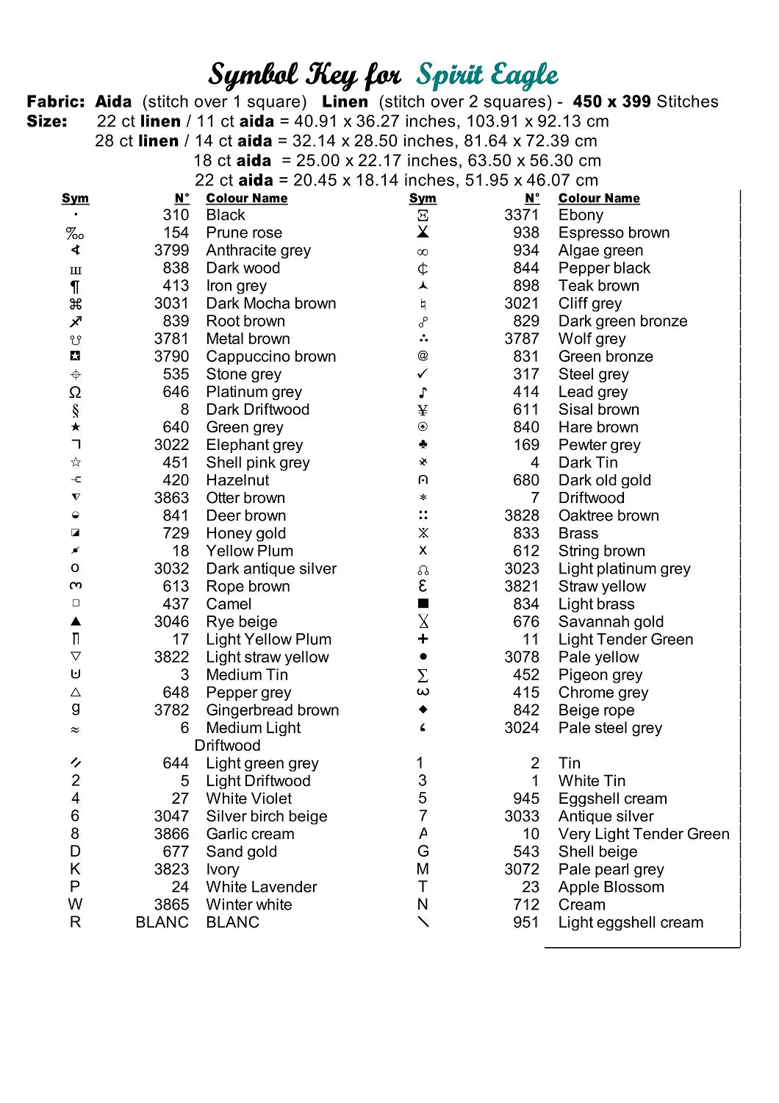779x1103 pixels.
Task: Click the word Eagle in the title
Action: (524, 75)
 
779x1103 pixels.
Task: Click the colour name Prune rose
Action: (244, 233)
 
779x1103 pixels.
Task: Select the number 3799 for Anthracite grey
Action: (171, 251)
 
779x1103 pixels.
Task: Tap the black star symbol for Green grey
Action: (76, 427)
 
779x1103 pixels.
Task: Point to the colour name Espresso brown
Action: (614, 233)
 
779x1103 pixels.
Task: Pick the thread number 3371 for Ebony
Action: (522, 215)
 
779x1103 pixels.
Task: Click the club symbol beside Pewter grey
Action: (423, 445)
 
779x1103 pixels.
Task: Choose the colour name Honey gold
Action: (245, 533)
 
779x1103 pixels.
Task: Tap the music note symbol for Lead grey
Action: (423, 392)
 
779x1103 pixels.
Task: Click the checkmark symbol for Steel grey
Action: (423, 374)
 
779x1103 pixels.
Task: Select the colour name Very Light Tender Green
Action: (644, 834)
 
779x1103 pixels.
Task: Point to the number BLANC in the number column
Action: (162, 922)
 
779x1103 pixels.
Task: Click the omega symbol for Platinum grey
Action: (75, 392)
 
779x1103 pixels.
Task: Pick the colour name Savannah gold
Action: (611, 622)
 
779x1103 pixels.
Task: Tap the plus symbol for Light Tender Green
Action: (423, 639)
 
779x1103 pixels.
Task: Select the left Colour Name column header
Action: (247, 199)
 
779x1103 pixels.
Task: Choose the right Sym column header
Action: (423, 199)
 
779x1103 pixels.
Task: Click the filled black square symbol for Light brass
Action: (423, 604)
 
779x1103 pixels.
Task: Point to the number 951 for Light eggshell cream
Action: (526, 922)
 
